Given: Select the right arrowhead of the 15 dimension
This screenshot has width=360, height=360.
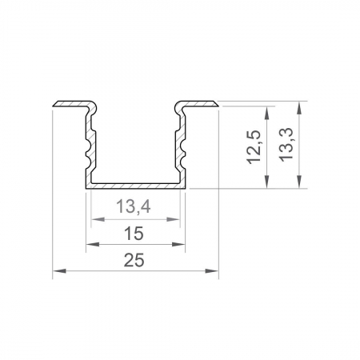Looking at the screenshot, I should click(182, 245).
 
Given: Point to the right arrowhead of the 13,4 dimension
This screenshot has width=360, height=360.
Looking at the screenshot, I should click(177, 219).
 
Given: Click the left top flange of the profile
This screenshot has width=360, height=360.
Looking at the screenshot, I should click(70, 105).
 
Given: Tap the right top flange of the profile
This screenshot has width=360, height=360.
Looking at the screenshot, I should click(200, 105).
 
